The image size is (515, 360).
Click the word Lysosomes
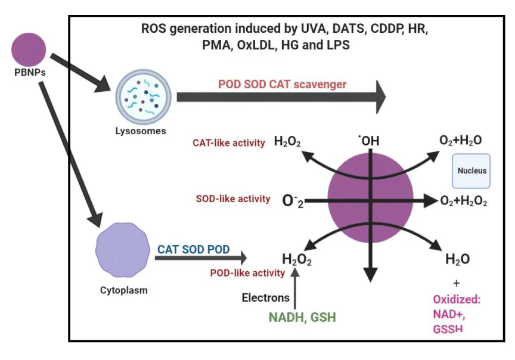click(x=141, y=130)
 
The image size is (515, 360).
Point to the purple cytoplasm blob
click(x=122, y=251)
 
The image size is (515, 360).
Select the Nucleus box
click(x=471, y=170)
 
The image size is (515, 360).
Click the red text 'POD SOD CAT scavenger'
click(x=282, y=85)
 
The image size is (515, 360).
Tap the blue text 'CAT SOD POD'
click(x=193, y=250)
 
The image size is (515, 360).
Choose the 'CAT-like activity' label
click(x=229, y=143)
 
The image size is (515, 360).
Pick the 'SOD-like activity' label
click(x=232, y=199)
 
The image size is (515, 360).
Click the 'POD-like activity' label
click(x=247, y=273)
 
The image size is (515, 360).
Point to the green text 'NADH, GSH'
click(x=302, y=318)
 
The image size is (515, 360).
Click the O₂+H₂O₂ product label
click(x=464, y=201)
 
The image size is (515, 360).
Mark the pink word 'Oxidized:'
click(x=457, y=299)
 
